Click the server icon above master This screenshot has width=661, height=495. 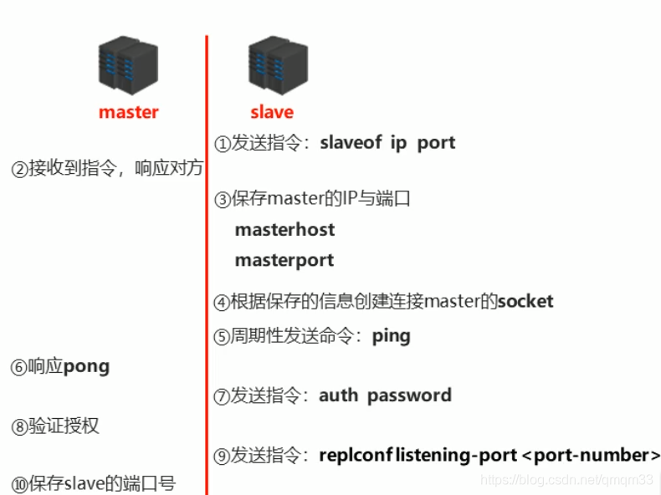pos(128,64)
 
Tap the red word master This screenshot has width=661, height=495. pos(128,112)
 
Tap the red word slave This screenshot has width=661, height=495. pos(272,112)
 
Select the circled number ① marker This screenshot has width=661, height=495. pos(222,144)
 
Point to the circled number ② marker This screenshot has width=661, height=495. pos(19,169)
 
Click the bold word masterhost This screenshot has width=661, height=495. pos(284,230)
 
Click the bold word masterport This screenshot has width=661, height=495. pos(284,260)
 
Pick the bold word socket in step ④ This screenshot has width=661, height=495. pos(525,301)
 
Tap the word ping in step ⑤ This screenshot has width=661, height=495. pos(392,336)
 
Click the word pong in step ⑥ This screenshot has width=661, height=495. pos(86,366)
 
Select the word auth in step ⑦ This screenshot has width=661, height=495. pos(338,395)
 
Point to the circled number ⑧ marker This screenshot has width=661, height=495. pos(19,427)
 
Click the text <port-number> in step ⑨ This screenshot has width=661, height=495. pos(591,456)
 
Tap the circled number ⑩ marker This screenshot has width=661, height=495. pos(19,484)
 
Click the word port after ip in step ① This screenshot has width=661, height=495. pos(436,142)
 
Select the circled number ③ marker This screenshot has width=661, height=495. pos(222,200)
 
